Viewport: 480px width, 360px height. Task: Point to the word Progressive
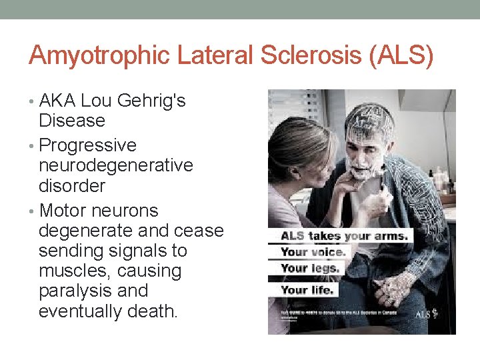click(88, 145)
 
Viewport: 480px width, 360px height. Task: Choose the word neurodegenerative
click(116, 165)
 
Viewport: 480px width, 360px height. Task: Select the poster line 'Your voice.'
click(313, 253)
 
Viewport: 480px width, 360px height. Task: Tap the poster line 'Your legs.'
click(310, 269)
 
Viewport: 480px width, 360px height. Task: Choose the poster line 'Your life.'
click(307, 290)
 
